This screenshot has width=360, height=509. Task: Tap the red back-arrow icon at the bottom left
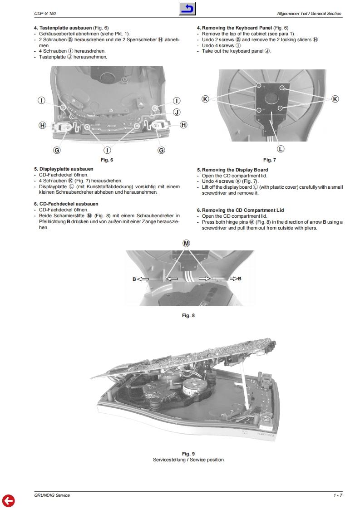point(8,500)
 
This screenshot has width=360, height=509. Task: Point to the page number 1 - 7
point(337,495)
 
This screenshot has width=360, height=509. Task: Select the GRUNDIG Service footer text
point(52,495)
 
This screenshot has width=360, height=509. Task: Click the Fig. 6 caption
point(107,160)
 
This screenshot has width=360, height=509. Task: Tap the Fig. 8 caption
point(188,315)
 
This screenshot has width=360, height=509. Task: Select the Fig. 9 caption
point(188,454)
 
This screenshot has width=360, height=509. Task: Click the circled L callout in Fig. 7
point(281,149)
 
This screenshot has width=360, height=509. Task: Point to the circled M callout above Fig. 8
point(186,243)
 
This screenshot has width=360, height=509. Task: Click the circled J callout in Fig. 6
point(177,112)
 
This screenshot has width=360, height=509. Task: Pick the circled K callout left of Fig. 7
point(205,99)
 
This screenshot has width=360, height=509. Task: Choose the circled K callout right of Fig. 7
point(335,99)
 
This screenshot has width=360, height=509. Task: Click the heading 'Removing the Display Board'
point(232,170)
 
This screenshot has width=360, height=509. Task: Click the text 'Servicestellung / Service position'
point(188,460)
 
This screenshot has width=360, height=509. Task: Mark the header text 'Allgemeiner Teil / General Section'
point(309,14)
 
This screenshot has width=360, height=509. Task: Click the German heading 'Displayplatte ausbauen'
point(64,169)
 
